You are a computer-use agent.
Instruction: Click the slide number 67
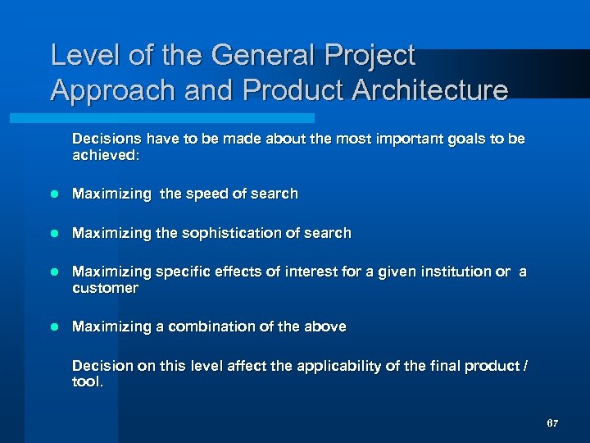click(552, 423)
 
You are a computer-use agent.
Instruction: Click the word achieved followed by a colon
click(106, 155)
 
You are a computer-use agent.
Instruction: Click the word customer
click(105, 288)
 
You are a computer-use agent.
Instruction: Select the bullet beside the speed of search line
click(55, 194)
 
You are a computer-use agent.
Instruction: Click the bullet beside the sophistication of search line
click(55, 233)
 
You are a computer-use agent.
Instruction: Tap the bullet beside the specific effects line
click(55, 272)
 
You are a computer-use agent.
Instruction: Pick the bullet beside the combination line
click(55, 327)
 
